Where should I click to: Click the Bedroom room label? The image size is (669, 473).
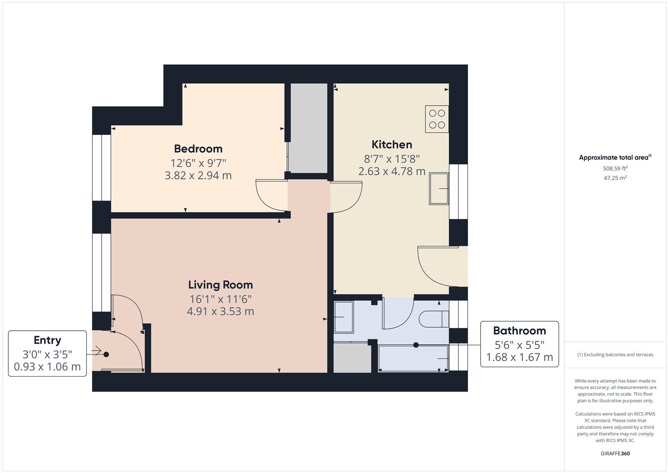tap(198, 149)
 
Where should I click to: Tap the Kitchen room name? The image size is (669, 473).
tap(392, 145)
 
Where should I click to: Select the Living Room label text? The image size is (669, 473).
tap(220, 285)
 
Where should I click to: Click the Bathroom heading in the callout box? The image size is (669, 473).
tap(519, 331)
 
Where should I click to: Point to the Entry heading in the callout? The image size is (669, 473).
tap(47, 340)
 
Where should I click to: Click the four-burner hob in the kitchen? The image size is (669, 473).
tap(437, 119)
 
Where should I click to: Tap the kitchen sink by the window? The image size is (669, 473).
tap(439, 189)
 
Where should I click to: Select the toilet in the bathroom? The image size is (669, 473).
tap(434, 319)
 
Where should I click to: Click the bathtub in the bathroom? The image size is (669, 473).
tap(413, 358)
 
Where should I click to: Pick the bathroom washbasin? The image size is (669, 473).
tap(344, 317)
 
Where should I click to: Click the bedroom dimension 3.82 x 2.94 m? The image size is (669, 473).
tap(198, 175)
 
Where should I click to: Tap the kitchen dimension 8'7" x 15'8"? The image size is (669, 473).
tap(392, 159)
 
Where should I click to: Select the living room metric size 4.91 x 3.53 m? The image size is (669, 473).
tap(220, 311)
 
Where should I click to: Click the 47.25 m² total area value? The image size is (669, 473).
tap(615, 178)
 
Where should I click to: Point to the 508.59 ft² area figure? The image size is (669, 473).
tap(615, 168)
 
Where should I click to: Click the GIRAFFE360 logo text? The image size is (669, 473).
tap(615, 453)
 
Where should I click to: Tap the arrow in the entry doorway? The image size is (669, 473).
tap(96, 350)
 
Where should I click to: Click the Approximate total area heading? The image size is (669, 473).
tap(615, 157)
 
